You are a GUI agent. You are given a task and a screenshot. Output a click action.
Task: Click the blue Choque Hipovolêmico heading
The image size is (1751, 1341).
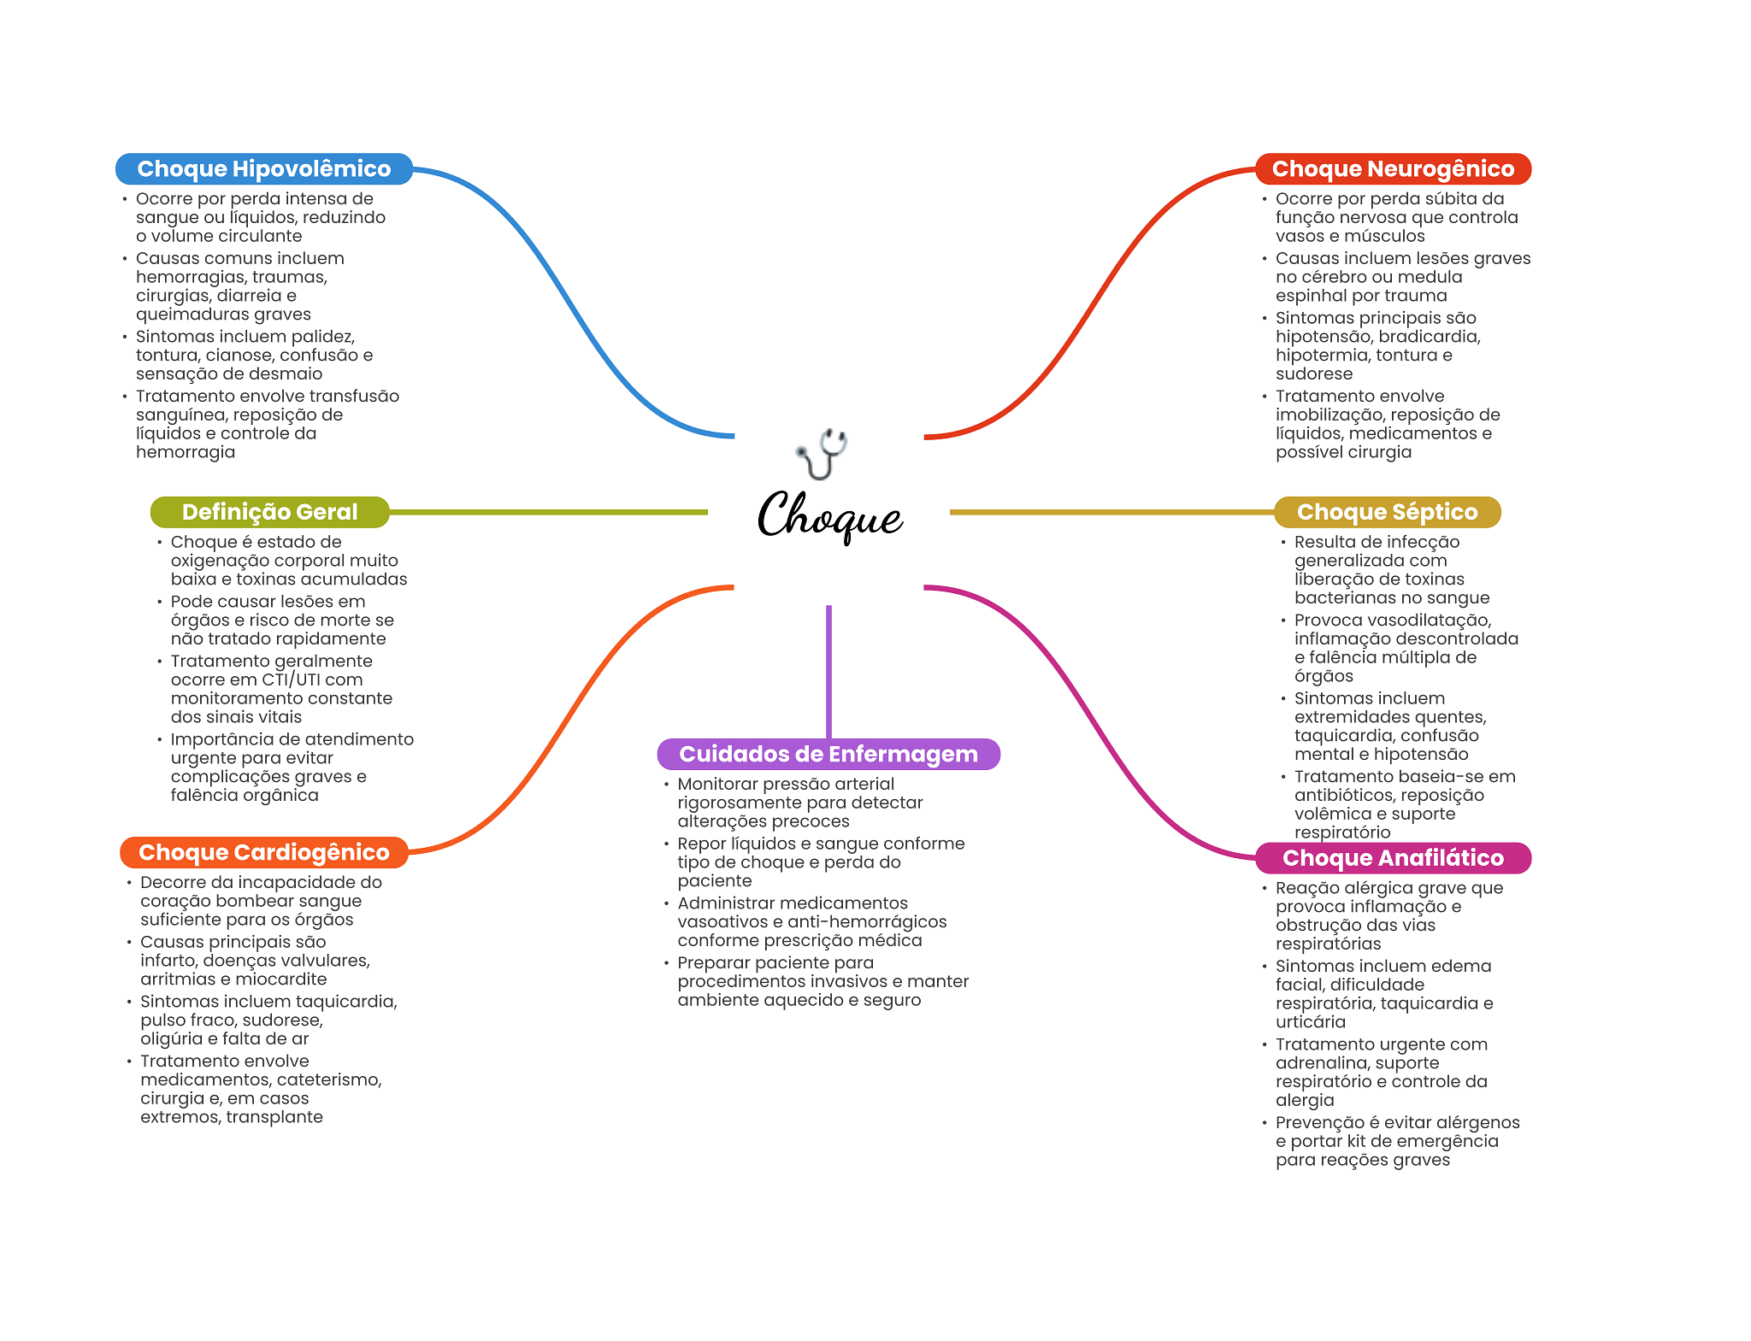[x=263, y=169]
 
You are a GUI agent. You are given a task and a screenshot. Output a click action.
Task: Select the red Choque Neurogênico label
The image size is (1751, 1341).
[x=1392, y=169]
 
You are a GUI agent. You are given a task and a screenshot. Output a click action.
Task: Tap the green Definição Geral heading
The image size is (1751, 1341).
[x=269, y=512]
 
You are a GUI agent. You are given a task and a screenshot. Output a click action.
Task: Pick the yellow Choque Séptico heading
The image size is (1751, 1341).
[x=1387, y=512]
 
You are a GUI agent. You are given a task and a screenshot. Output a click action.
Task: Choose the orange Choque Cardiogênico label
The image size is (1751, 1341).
[x=263, y=852]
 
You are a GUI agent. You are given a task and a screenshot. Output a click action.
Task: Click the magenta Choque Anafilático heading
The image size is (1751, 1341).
[x=1392, y=858]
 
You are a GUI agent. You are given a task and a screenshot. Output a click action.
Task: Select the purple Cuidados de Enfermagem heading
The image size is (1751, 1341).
[x=828, y=754]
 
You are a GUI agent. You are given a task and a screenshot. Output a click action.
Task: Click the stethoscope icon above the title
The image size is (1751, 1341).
[x=822, y=453]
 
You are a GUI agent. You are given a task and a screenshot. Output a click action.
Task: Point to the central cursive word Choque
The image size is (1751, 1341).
[x=829, y=515]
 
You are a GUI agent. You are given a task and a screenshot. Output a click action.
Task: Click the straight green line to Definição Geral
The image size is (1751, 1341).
[x=547, y=512]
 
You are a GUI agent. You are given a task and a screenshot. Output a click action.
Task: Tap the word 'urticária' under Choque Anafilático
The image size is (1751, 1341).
[x=1310, y=1022]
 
